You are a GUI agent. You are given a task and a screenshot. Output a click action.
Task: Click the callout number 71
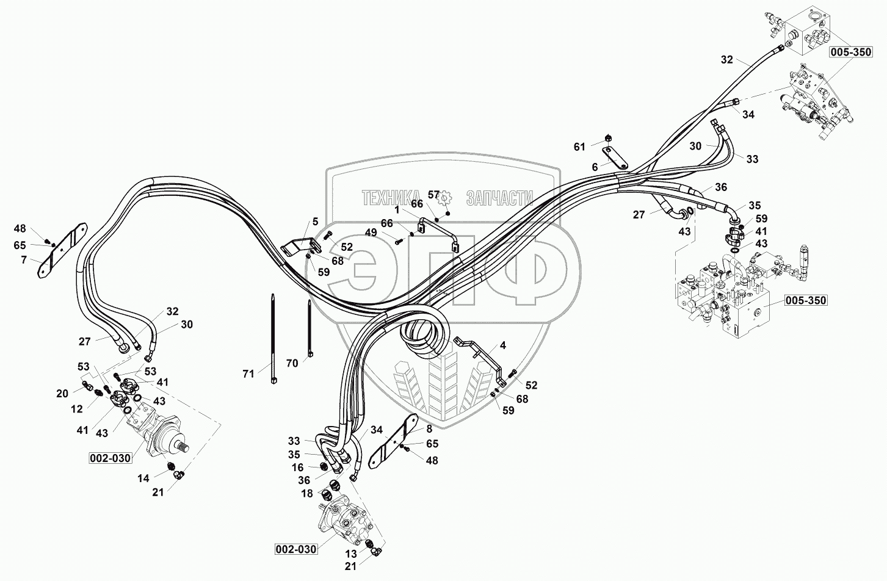point(248,374)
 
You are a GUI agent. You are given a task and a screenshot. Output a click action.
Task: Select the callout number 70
point(292,364)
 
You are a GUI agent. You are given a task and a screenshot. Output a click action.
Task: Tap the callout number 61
point(579,146)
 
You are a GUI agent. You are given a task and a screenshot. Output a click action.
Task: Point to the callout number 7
point(23,260)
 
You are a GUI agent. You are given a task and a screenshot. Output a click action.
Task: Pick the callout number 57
point(433,195)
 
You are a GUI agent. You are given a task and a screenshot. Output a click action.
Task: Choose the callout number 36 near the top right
point(721,187)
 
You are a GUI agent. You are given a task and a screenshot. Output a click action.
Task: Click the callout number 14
point(143,479)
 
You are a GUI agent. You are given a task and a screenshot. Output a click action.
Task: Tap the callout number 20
point(62,394)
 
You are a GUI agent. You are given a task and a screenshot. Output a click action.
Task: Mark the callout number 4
point(502,345)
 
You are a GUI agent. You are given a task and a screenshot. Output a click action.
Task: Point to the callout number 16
point(297,467)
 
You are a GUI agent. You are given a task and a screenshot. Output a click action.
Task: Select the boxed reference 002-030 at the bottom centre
point(295,549)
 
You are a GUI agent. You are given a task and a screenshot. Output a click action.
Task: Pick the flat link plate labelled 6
point(614,157)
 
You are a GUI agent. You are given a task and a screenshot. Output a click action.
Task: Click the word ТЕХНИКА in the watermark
point(391,198)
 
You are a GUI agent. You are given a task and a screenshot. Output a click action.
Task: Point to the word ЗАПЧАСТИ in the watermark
point(499,198)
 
